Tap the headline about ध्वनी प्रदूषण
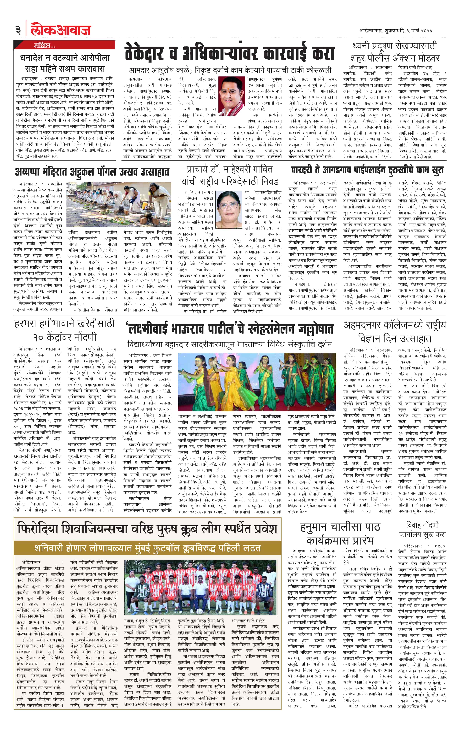pos(395,52)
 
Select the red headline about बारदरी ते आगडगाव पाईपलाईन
pos(367,170)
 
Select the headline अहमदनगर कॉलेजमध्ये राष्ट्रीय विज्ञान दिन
pos(395,331)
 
